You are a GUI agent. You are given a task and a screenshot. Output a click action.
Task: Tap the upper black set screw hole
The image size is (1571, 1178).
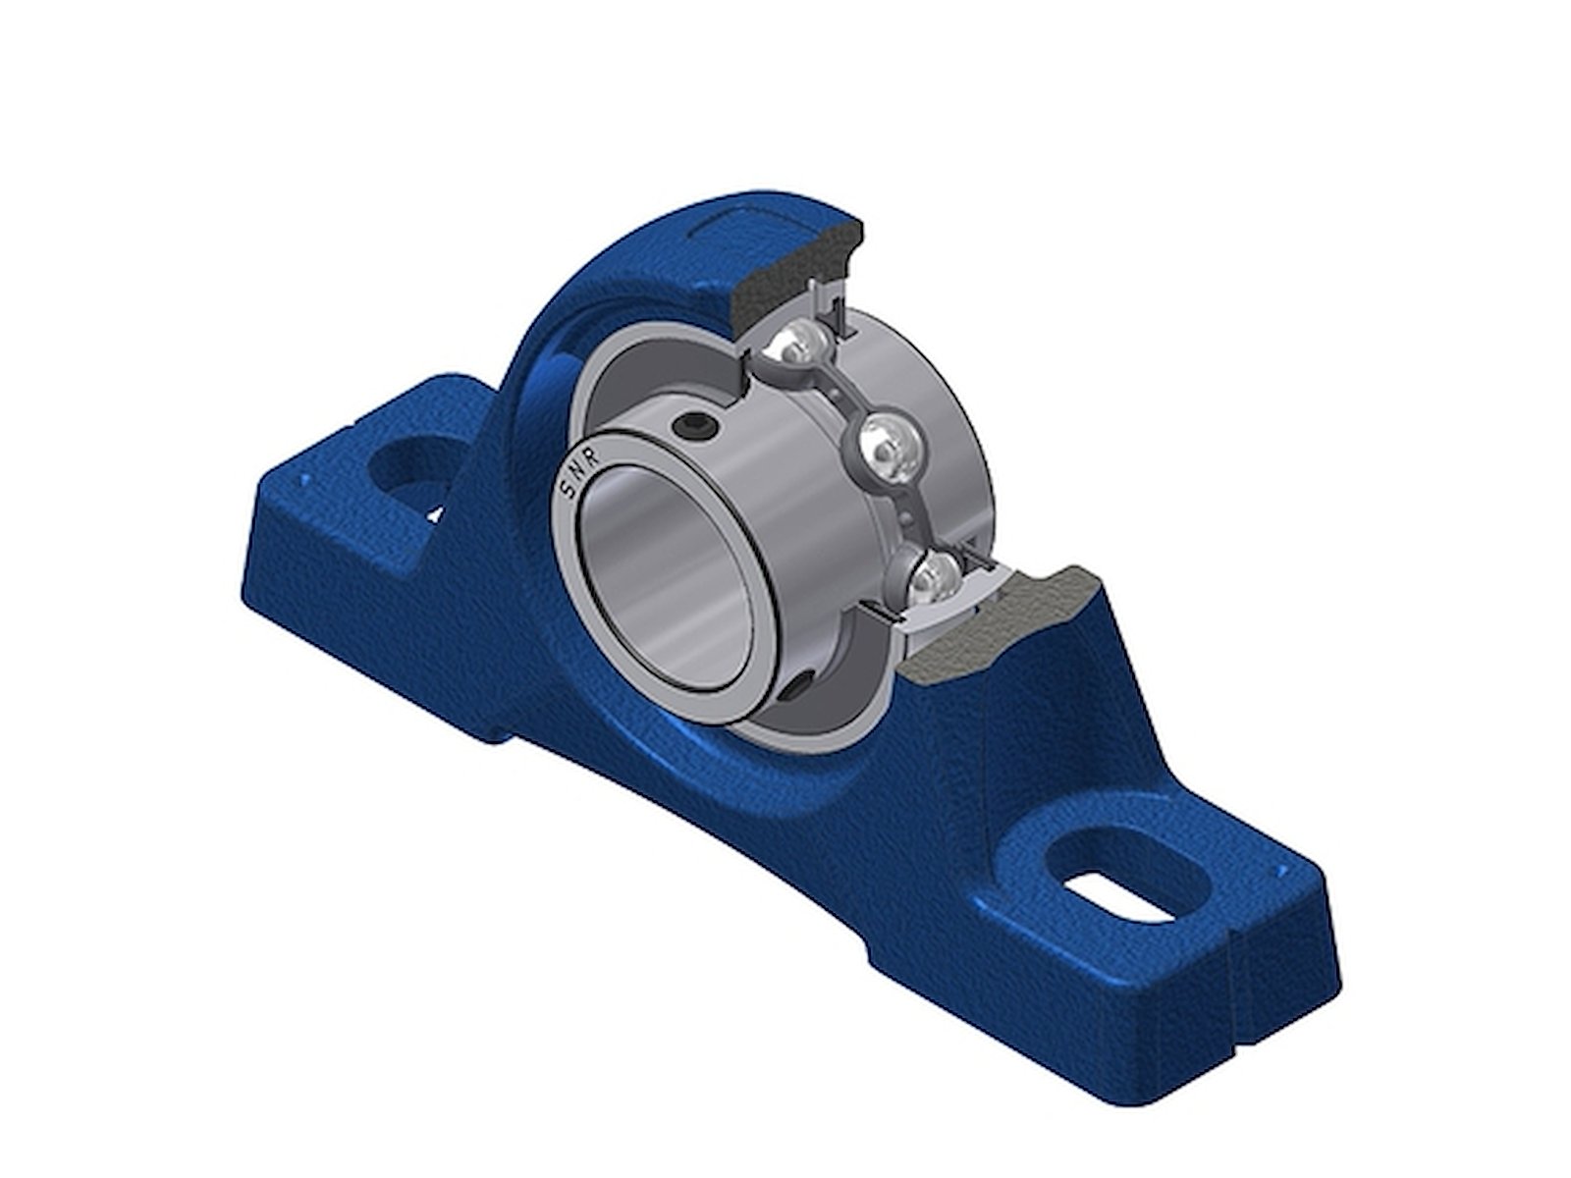coord(692,428)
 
